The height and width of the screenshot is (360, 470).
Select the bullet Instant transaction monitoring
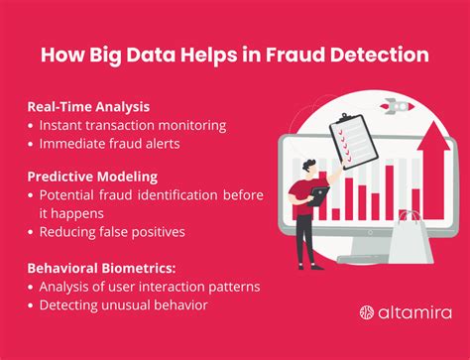pyautogui.click(x=134, y=127)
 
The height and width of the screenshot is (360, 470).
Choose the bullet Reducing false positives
pyautogui.click(x=110, y=233)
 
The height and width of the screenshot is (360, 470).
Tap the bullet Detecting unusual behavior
pyautogui.click(x=123, y=304)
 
